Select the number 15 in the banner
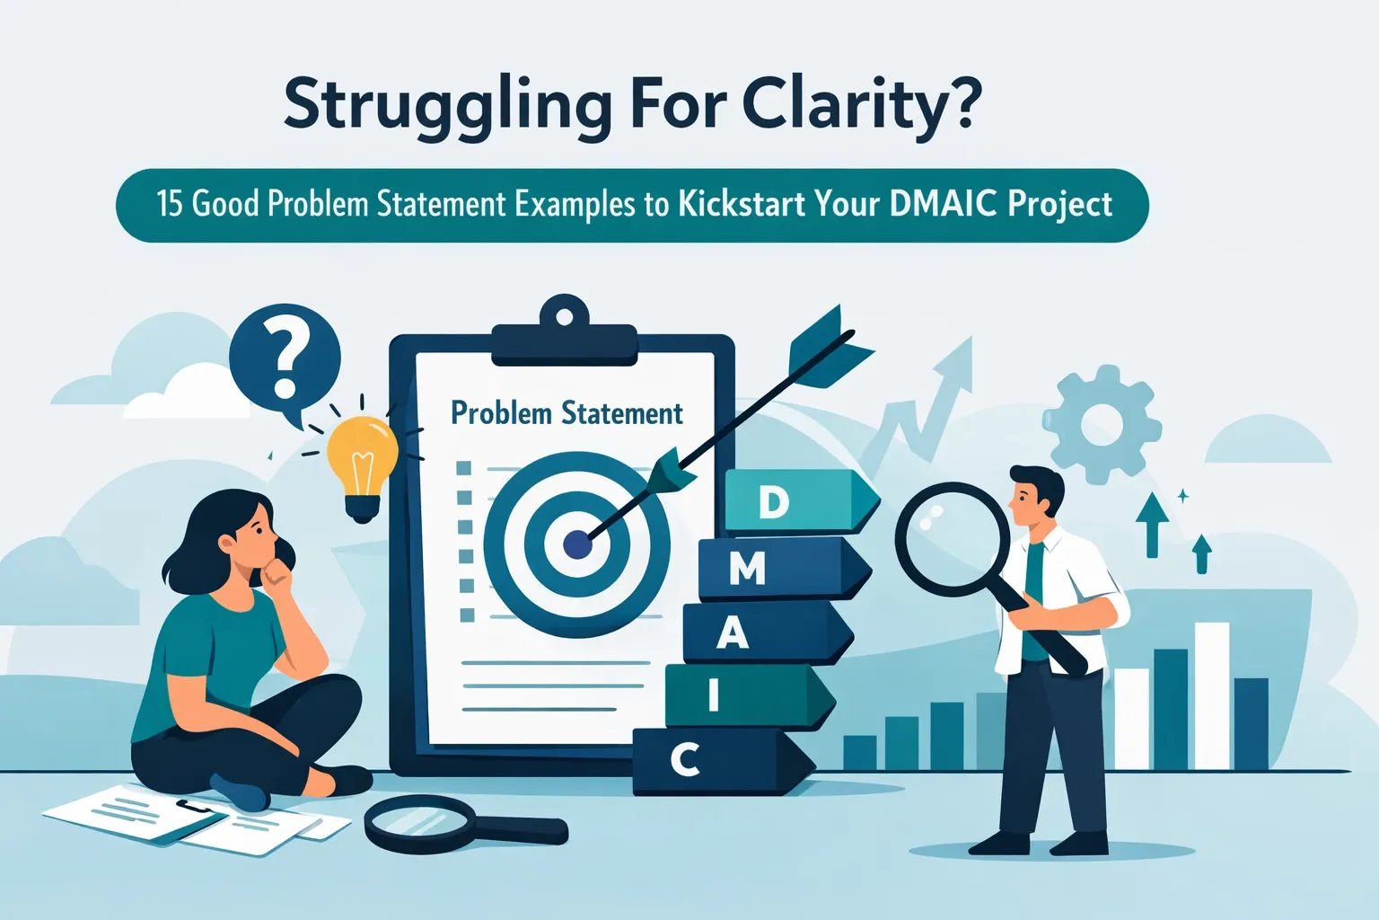pos(170,204)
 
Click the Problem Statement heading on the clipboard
pos(567,413)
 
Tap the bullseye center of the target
pos(576,543)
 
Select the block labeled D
pos(795,502)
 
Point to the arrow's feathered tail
pos(826,350)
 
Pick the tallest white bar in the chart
pos(1211,695)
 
